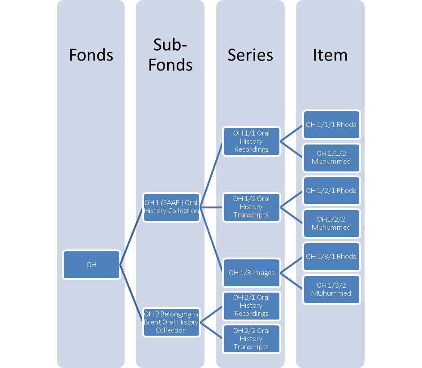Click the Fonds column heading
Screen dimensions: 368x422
(x=91, y=55)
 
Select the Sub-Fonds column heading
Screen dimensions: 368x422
(x=170, y=55)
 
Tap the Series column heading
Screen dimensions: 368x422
(x=250, y=55)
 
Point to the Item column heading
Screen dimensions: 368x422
(x=330, y=55)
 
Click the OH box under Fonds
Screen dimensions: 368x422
(x=91, y=265)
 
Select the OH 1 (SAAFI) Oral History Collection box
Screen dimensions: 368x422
(x=171, y=207)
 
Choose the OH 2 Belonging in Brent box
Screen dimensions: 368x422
(x=171, y=322)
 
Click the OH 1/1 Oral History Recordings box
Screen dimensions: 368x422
(x=251, y=141)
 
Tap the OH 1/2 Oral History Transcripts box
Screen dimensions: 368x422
(x=251, y=207)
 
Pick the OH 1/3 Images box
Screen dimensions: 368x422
(x=251, y=273)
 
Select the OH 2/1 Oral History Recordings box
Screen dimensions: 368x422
(x=251, y=306)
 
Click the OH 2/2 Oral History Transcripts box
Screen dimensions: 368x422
(x=251, y=339)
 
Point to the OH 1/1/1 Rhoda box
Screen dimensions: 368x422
(x=331, y=124)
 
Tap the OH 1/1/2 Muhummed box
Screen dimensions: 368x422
(x=331, y=158)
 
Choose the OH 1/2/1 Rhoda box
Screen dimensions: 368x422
(x=331, y=191)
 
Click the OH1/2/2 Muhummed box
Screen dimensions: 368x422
(x=331, y=223)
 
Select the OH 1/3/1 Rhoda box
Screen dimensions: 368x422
(x=331, y=257)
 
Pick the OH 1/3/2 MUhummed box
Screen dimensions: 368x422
(x=331, y=289)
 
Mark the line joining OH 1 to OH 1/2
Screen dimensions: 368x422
(x=211, y=207)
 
